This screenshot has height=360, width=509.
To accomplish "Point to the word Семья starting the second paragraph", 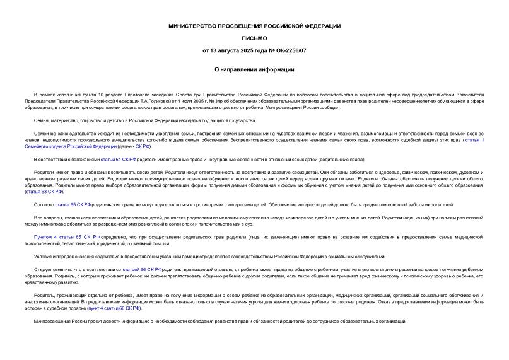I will (x=42, y=120).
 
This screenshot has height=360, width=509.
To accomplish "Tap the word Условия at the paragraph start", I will (x=44, y=255).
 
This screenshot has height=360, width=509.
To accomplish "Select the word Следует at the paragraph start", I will (x=44, y=269).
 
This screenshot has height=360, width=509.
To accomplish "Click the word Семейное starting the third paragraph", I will (x=45, y=134).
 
